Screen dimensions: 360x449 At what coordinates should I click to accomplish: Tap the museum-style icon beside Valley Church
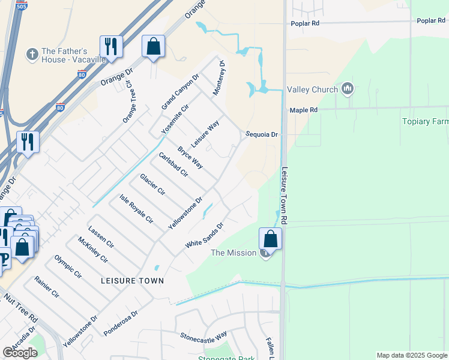[347, 89]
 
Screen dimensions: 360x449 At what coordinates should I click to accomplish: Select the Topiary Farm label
[425, 121]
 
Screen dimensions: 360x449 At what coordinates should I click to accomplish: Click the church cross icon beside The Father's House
[32, 55]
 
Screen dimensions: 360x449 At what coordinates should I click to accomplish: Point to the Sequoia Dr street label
[262, 134]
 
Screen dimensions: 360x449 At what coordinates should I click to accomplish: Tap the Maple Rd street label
[303, 110]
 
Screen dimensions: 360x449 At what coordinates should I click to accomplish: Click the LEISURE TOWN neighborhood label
[132, 280]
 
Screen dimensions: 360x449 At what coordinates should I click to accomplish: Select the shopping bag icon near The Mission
[271, 239]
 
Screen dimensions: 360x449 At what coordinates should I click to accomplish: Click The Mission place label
[234, 253]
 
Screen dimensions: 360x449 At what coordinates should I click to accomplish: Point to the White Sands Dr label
[204, 236]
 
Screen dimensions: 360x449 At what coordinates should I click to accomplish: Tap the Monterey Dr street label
[218, 79]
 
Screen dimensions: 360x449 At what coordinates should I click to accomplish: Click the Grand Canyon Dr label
[179, 92]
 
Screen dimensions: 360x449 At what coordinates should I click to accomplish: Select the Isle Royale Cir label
[136, 209]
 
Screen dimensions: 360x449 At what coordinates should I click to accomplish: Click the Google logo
[20, 353]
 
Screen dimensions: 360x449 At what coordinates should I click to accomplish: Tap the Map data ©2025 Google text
[412, 355]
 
